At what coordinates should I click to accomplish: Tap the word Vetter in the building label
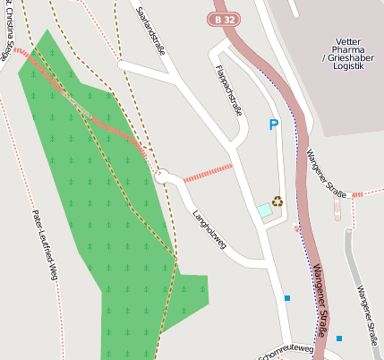pos(346,42)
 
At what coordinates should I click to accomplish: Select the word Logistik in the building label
pos(346,66)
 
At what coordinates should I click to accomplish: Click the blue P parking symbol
pos(273,125)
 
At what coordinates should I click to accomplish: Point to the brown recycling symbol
pos(277,201)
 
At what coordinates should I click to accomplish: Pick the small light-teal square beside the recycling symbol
pos(264,210)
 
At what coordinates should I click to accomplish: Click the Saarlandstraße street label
pos(150,24)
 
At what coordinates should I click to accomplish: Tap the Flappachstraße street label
pos(230,90)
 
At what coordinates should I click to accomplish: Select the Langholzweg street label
pos(209,230)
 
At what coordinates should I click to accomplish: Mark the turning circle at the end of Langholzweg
pos(162,177)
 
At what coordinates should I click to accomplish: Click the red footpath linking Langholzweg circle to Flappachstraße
pos(208,172)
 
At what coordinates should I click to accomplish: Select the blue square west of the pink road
pos(286,297)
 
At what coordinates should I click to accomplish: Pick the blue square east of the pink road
pos(338,338)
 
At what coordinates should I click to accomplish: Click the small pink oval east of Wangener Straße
pos(337,210)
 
